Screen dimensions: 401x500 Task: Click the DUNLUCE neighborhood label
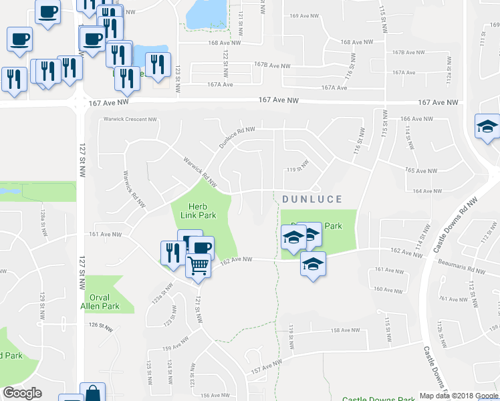click(x=312, y=199)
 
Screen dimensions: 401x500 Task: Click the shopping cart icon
click(x=198, y=265)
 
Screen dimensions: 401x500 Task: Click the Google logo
click(x=22, y=393)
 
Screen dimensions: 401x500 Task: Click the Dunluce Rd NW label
click(x=237, y=138)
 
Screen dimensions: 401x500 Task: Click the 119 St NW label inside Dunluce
click(x=298, y=166)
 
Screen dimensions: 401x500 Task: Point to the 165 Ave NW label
click(x=420, y=170)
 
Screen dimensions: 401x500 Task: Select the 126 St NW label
click(x=102, y=325)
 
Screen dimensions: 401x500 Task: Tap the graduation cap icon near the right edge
click(x=487, y=126)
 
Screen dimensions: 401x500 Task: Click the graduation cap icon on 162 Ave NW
click(x=312, y=263)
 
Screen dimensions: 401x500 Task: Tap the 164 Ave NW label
click(x=426, y=191)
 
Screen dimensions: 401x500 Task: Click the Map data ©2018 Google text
click(x=458, y=396)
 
